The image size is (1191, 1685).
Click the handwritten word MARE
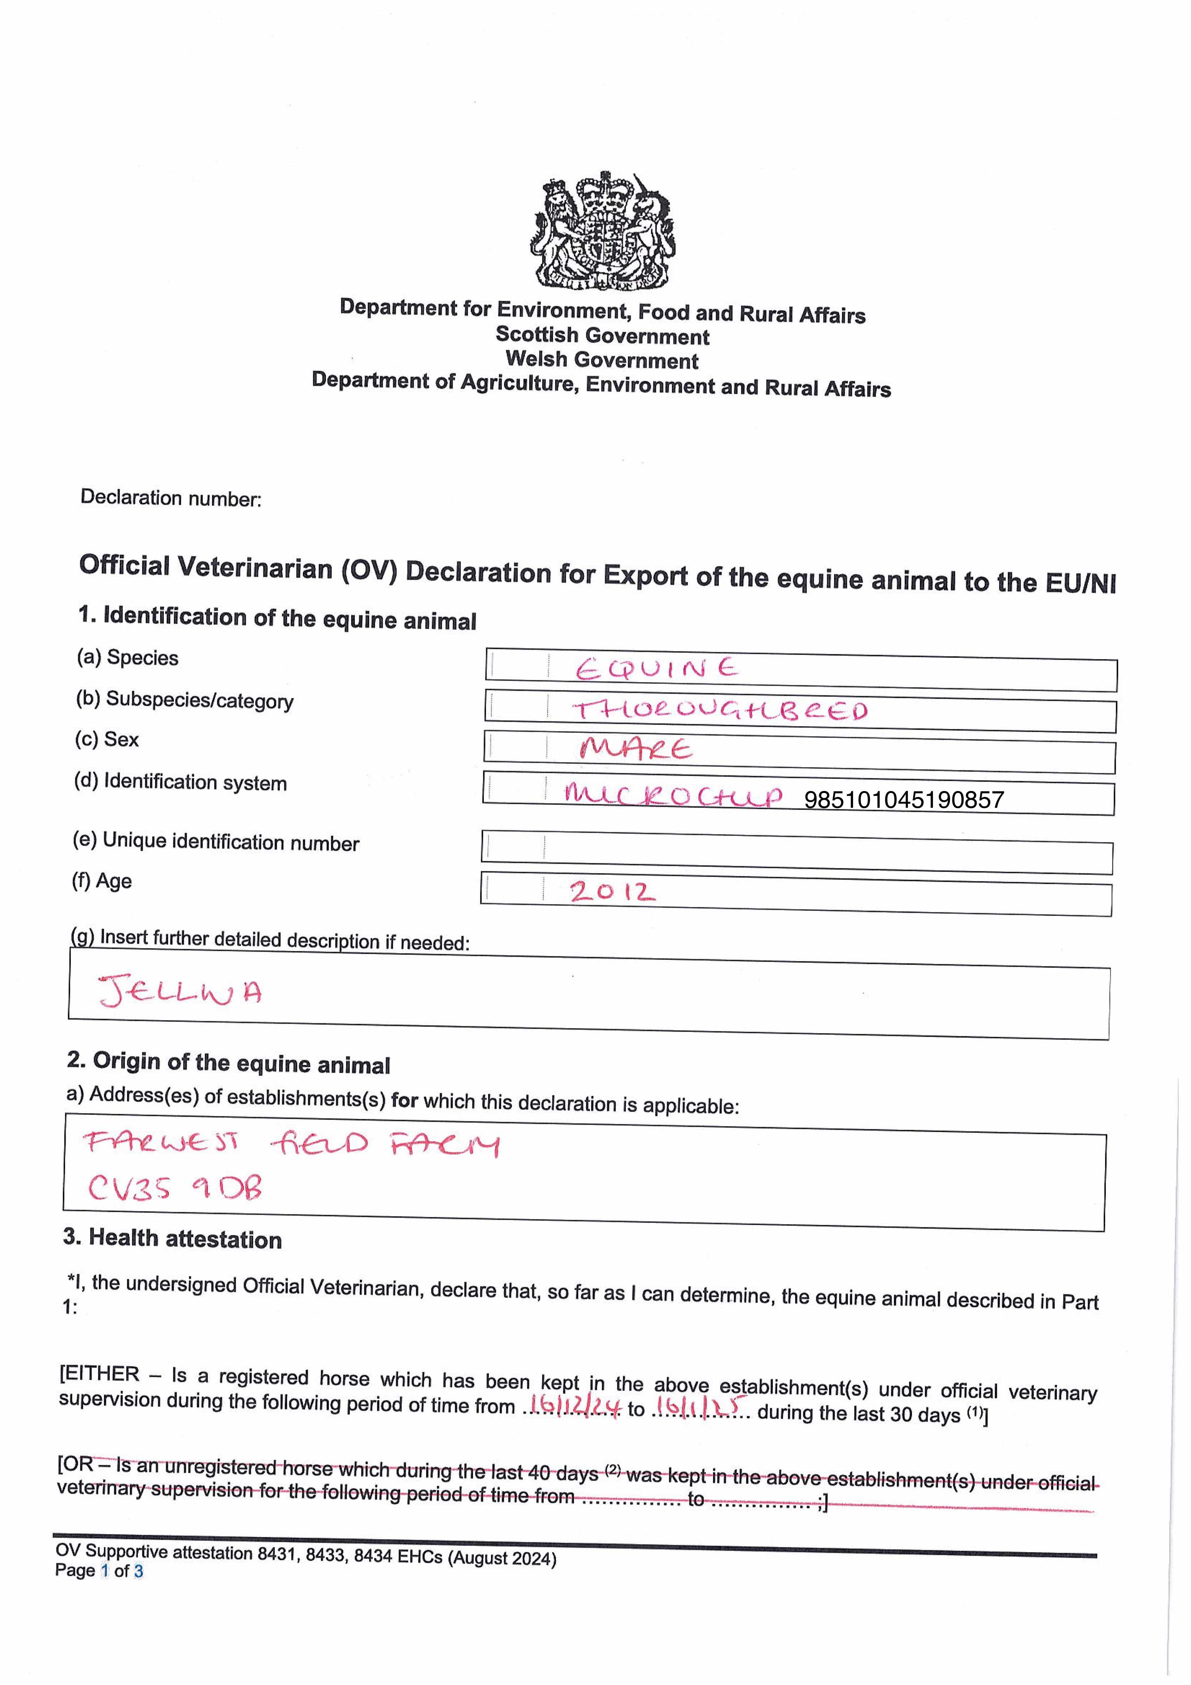tap(636, 749)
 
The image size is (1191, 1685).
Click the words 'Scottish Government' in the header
tap(602, 336)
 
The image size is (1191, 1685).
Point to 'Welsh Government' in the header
tap(602, 360)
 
